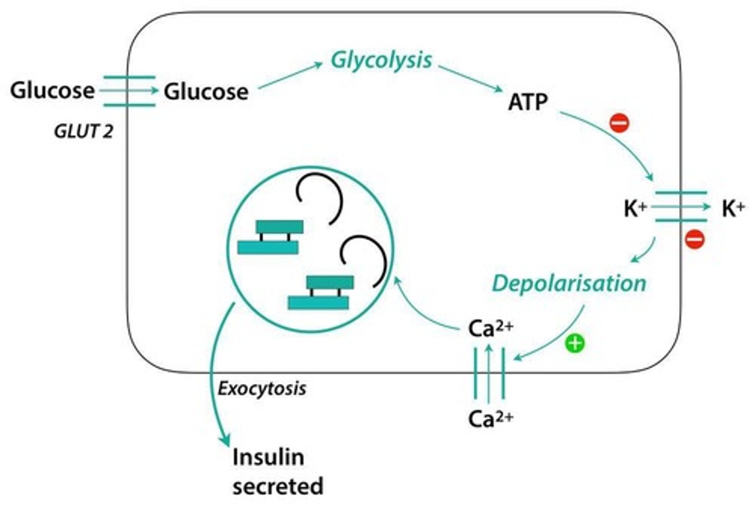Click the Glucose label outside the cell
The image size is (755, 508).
coord(52,90)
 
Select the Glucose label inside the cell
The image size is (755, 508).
coord(206,92)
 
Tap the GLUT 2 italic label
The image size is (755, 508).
coord(83,131)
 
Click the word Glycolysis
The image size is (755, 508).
coord(381,60)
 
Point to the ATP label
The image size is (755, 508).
coord(527,102)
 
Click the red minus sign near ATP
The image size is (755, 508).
coord(619,123)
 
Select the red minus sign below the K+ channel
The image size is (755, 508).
coord(695,239)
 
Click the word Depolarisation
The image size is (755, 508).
coord(569,283)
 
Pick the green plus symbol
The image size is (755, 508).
coord(575,344)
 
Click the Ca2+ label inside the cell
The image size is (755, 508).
coord(490,329)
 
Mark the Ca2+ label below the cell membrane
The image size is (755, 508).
coord(490,419)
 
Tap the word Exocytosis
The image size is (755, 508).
coord(262,389)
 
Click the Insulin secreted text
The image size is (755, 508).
coord(277,471)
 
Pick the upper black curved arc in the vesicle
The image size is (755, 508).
coord(321,198)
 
